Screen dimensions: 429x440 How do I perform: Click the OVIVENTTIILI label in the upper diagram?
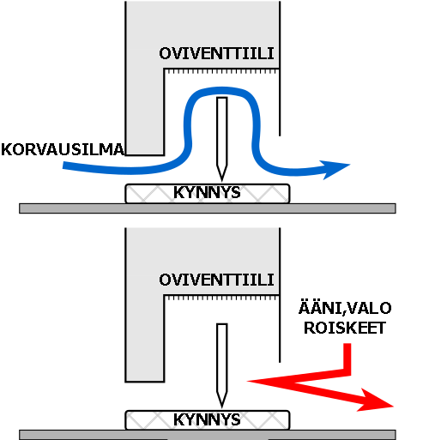point(216,53)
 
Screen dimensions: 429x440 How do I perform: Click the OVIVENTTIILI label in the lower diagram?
point(216,280)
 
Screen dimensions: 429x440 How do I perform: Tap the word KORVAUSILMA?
point(63,149)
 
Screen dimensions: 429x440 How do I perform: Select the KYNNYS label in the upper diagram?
point(207,192)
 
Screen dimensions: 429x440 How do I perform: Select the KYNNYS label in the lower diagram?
point(207,419)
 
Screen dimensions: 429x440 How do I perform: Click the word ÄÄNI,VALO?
point(345,308)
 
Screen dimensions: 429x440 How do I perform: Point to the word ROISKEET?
point(345,328)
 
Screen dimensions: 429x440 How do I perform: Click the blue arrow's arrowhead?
point(335,169)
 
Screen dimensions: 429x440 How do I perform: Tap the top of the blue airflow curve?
point(222,91)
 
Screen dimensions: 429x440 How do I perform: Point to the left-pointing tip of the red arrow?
point(248,381)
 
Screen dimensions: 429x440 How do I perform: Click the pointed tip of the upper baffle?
point(222,180)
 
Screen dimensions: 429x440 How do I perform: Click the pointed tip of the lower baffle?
point(222,407)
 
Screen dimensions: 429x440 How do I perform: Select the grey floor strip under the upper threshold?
point(208,208)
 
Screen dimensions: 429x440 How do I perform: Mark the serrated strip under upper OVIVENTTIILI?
point(222,71)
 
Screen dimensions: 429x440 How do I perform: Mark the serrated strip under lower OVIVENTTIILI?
point(222,298)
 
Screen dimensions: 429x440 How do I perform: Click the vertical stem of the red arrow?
point(347,358)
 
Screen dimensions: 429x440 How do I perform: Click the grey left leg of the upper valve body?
point(145,112)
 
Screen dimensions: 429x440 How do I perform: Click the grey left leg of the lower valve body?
point(145,338)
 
